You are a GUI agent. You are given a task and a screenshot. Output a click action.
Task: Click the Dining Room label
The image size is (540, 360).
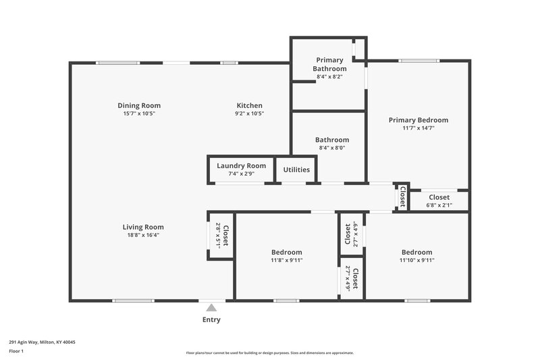point(139,105)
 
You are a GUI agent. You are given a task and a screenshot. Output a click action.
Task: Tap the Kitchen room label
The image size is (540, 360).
point(249,105)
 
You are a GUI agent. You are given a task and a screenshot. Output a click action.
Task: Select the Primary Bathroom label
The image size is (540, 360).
point(330,64)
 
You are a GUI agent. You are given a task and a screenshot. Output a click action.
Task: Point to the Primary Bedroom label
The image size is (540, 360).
point(418,120)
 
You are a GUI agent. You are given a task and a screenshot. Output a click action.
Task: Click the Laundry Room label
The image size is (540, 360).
point(241,165)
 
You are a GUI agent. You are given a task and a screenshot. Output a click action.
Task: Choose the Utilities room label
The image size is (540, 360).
point(296,170)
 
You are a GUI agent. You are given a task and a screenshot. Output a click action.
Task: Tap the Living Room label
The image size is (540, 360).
point(143,227)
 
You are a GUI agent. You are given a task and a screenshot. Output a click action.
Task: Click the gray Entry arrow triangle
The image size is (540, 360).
point(211,308)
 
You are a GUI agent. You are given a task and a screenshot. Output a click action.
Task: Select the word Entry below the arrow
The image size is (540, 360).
point(211,319)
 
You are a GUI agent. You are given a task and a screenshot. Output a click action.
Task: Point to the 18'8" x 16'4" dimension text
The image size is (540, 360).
point(143,236)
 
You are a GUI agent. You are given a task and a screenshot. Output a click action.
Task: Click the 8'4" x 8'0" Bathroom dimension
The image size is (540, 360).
point(330,148)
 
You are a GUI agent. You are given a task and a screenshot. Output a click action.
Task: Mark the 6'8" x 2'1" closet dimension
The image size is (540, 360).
point(439,205)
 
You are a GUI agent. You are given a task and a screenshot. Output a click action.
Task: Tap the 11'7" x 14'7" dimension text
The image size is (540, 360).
point(418,128)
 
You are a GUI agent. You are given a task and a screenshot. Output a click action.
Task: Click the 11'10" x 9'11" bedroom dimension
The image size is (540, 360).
point(416,260)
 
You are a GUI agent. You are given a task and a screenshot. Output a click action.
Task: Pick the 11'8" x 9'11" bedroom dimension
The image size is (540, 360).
point(286,260)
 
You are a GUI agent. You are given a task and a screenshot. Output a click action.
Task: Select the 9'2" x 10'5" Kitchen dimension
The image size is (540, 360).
point(249,113)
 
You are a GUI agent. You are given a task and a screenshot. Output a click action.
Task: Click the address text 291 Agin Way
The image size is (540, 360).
point(42,342)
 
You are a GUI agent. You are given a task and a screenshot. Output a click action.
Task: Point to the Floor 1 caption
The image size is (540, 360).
point(17,352)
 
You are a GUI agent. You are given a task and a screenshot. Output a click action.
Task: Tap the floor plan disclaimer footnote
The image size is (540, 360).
point(270,353)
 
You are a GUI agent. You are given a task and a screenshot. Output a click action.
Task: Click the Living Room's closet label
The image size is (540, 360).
point(225,236)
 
